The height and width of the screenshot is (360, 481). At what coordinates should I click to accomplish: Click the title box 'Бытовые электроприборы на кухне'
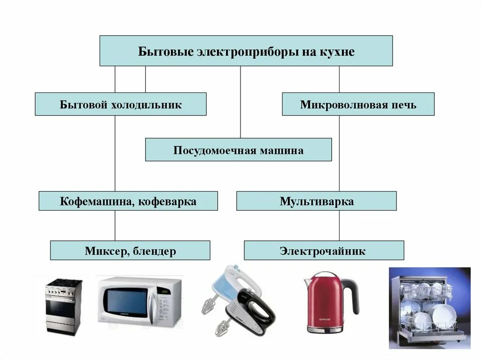[246, 51]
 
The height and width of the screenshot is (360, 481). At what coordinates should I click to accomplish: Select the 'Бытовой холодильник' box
[120, 104]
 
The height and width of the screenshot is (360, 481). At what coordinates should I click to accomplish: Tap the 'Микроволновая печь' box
[358, 104]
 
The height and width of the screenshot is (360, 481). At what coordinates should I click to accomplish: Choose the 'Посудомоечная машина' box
[238, 150]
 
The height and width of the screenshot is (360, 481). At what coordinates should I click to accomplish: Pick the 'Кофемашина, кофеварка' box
[128, 201]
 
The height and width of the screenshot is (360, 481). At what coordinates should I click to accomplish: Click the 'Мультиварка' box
[316, 201]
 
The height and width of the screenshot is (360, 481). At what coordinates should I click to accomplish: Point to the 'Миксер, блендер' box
[130, 251]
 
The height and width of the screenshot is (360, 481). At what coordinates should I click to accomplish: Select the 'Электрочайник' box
[324, 251]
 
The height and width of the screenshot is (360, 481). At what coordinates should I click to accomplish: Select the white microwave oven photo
[139, 301]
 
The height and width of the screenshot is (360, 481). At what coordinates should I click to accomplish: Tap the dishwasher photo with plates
[429, 308]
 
